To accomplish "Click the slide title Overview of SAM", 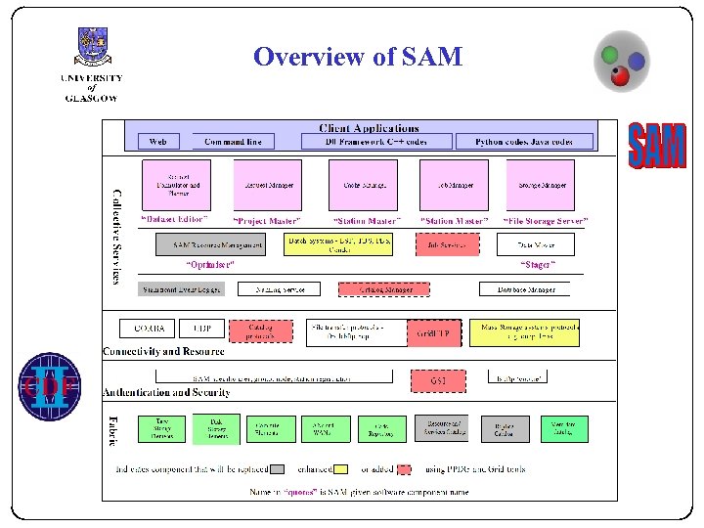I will [357, 57].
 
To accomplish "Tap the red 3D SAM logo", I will [656, 148].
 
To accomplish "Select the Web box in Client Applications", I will [158, 142].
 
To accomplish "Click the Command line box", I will [233, 142].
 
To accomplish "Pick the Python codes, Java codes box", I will [524, 142].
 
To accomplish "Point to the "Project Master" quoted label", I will [267, 221].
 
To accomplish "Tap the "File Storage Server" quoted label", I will [547, 221].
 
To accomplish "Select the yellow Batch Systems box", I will [339, 243].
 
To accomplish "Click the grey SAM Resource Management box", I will [218, 244].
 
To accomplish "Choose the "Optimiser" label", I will [210, 265].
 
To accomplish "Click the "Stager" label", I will [538, 265].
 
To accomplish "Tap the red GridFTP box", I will [436, 333].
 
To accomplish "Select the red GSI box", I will [438, 377].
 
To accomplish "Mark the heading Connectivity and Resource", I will [163, 351].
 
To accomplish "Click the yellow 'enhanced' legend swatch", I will [340, 469].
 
